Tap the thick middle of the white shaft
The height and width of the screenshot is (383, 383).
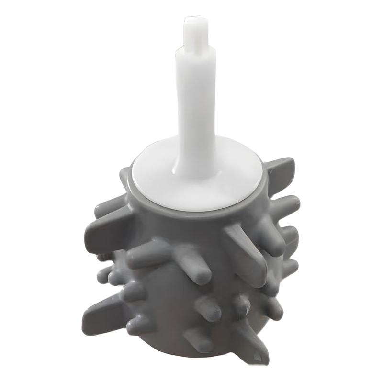click(x=195, y=105)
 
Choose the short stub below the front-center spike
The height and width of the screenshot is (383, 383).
click(x=208, y=309)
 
